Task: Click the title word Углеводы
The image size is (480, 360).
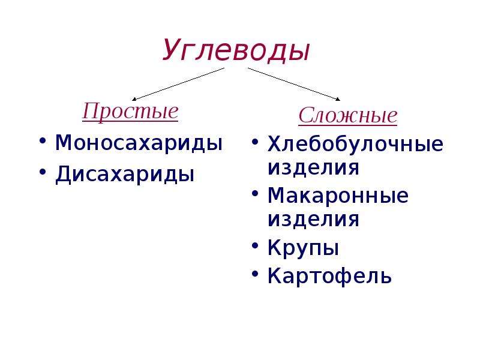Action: pos(236,50)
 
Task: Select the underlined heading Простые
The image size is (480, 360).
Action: pos(130,112)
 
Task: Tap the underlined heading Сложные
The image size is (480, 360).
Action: pos(348,115)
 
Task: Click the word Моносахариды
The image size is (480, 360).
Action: pos(139,143)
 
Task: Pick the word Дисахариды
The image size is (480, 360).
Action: pos(125,174)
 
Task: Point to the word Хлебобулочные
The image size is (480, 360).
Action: pos(355,143)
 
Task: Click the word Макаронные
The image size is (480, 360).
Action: pos(338,196)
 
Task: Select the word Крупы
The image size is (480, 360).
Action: pos(303,247)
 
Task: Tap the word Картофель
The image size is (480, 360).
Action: pos(329,276)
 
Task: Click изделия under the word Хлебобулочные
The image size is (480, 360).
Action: pos(313,168)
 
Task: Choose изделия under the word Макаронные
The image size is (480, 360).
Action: pos(313,220)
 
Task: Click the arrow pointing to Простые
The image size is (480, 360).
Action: pos(178,84)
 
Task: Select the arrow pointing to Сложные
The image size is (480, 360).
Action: pos(294,84)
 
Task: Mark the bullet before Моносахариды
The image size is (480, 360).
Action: pos(43,141)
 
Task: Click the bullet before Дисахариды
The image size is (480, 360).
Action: pos(43,172)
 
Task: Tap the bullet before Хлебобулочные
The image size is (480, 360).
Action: pos(255,142)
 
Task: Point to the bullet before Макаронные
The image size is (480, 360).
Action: pos(255,194)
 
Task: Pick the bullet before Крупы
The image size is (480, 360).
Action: pos(255,245)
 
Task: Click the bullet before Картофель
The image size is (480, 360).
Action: pos(255,274)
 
